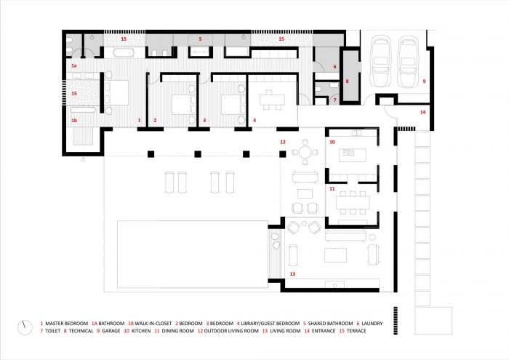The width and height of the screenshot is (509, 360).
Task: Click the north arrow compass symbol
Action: (25, 327)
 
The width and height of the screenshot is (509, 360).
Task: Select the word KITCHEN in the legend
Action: (141, 331)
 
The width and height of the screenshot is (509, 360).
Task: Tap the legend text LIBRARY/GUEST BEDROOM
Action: (270, 324)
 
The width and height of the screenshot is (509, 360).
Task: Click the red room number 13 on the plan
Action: (292, 274)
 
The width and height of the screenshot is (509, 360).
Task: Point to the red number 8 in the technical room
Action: (347, 81)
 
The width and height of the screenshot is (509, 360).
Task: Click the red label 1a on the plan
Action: (74, 66)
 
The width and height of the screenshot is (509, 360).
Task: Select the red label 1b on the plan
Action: (74, 121)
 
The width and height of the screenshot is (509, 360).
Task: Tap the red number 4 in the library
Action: (254, 121)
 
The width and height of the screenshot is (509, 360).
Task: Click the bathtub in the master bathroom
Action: (124, 52)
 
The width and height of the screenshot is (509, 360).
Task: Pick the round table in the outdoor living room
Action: (305, 151)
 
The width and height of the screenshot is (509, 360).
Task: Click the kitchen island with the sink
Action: (353, 155)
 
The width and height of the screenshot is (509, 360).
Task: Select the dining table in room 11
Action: (353, 203)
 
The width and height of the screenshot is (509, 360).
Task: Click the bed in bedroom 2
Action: (183, 105)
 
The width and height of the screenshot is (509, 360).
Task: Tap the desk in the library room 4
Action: (272, 100)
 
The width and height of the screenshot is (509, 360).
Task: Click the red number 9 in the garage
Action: (424, 81)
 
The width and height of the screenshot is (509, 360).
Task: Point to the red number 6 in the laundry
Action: (334, 67)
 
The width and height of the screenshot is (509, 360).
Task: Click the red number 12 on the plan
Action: (283, 142)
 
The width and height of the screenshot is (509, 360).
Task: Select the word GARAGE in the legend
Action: (111, 331)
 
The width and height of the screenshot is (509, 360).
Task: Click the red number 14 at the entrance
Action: (422, 112)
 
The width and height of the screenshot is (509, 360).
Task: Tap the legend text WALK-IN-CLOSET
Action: (153, 324)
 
